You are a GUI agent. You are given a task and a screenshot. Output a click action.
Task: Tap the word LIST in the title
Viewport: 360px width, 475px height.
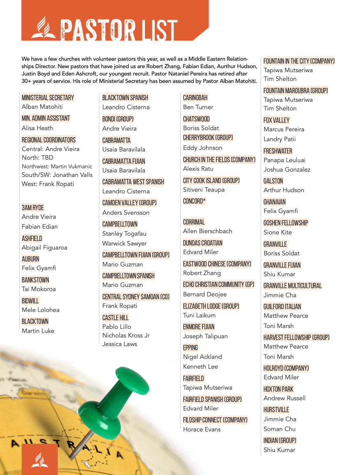(158, 30)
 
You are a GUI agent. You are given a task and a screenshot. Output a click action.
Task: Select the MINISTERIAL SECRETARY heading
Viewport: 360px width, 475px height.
(48, 98)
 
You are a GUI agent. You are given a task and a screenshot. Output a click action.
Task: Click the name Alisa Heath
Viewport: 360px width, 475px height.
(37, 128)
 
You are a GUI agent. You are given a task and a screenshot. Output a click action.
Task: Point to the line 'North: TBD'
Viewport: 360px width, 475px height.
(37, 158)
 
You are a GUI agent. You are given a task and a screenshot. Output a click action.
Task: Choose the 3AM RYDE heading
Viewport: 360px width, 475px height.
(33, 208)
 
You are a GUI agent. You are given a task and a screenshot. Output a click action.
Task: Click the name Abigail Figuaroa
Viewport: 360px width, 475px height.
(44, 248)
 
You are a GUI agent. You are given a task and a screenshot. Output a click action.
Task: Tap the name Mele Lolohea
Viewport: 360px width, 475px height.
(41, 310)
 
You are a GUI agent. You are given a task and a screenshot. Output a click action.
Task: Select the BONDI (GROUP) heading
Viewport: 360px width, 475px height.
(118, 119)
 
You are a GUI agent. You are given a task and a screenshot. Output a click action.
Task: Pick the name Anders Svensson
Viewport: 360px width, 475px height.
(126, 213)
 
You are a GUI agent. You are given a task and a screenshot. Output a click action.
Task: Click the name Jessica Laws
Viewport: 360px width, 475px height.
(119, 344)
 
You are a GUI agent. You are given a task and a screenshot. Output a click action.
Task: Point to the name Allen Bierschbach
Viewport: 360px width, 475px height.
(207, 231)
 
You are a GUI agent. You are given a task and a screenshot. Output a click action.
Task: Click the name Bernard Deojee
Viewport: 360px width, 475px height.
(205, 294)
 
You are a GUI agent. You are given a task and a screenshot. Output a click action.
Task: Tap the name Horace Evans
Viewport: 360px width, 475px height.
(202, 429)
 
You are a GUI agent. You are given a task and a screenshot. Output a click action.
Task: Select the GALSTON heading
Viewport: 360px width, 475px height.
(273, 181)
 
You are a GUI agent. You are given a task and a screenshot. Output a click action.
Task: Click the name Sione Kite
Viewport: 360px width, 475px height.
(277, 232)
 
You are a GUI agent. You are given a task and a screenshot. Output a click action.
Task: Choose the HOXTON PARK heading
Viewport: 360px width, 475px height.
(278, 389)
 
